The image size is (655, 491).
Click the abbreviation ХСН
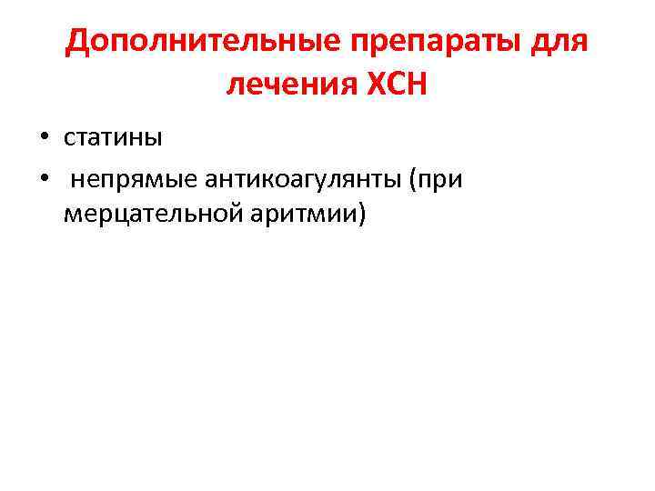coord(397,85)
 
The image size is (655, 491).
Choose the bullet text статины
coord(113,137)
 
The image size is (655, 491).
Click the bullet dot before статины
coord(43,138)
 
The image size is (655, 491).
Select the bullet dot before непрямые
coord(43,180)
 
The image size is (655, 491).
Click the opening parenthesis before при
coord(414,179)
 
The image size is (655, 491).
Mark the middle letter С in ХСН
coord(396,85)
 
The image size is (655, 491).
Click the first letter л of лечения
coord(234,87)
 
